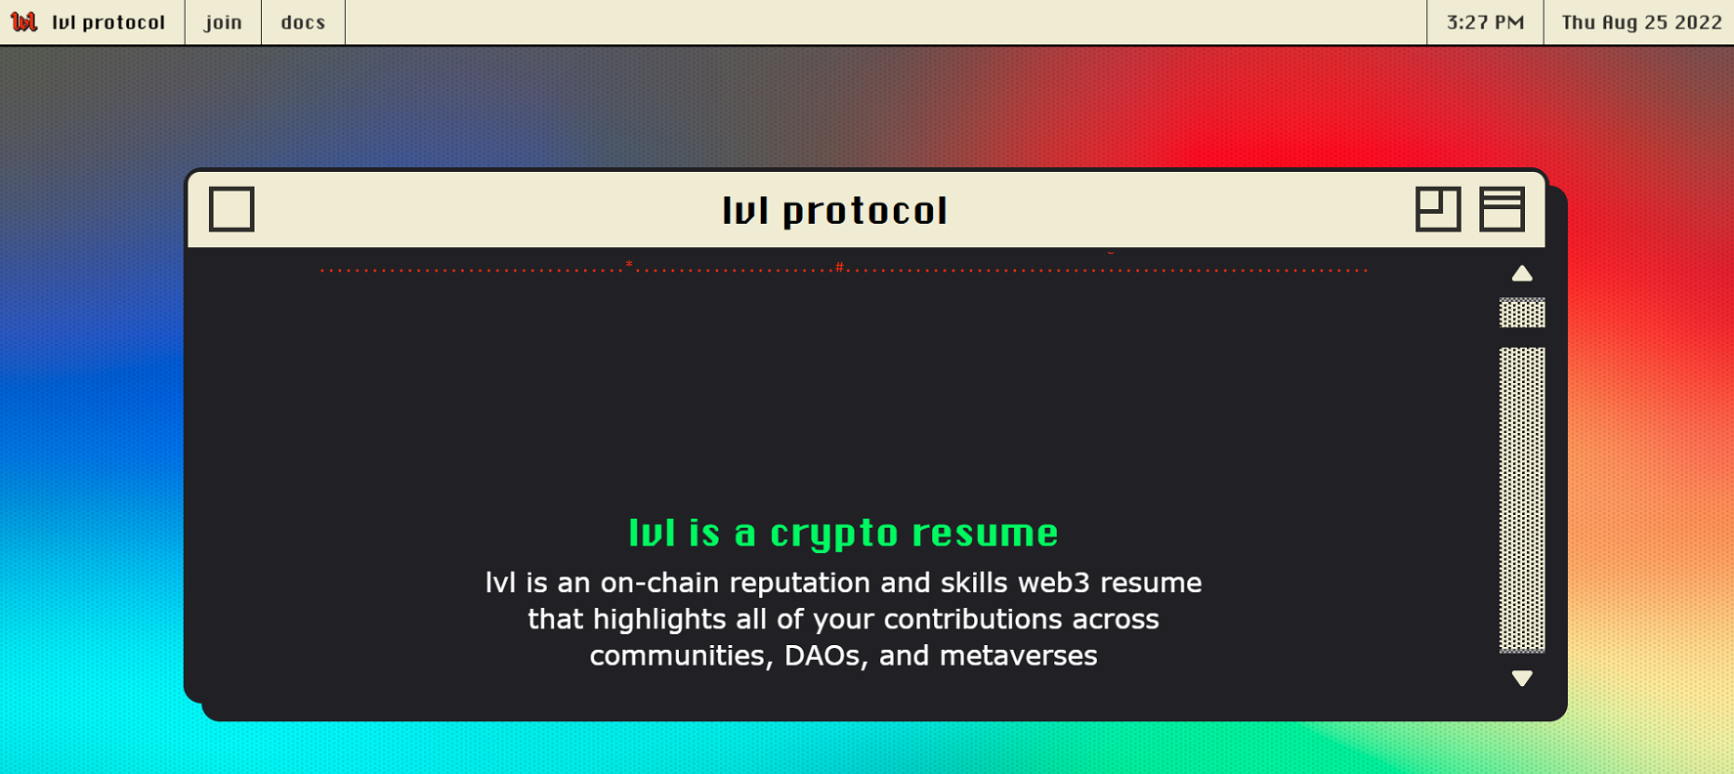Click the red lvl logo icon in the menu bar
[x=23, y=21]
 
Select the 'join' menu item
[x=223, y=22]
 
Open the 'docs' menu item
[x=303, y=22]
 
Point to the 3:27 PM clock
[x=1485, y=22]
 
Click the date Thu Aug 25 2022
[x=1641, y=22]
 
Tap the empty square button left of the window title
[x=232, y=209]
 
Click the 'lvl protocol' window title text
[x=834, y=210]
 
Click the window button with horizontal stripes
[x=1501, y=209]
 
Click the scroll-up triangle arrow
[x=1522, y=274]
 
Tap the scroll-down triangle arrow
[x=1522, y=677]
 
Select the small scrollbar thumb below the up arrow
[x=1522, y=313]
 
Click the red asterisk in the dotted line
[x=629, y=265]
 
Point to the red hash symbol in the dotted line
[x=839, y=267]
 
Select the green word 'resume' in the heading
[x=985, y=534]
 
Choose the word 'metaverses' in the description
[x=1018, y=655]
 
